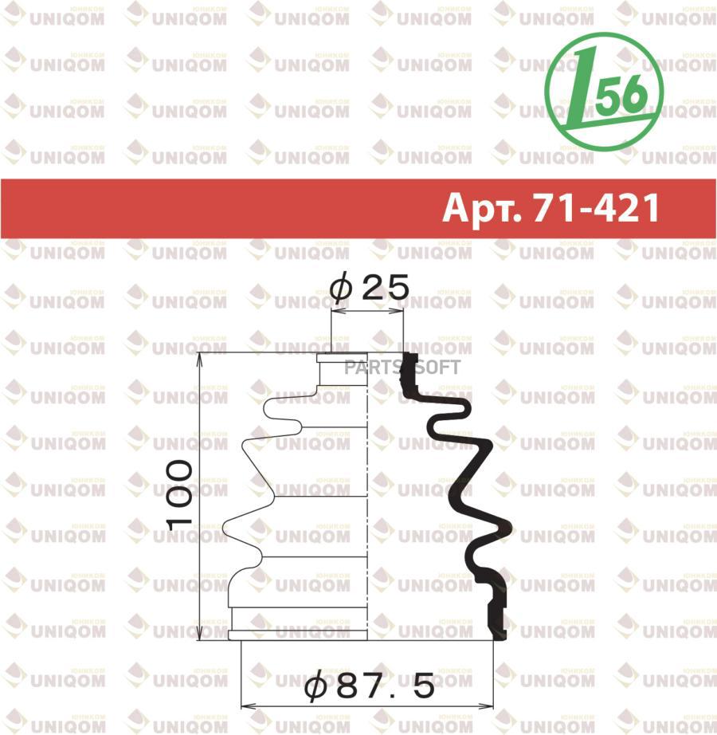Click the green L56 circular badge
pyautogui.click(x=604, y=92)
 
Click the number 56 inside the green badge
pyautogui.click(x=623, y=95)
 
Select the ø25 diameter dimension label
pyautogui.click(x=369, y=287)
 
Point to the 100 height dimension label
pyautogui.click(x=179, y=495)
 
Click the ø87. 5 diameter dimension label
pyautogui.click(x=369, y=686)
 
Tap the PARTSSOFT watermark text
pyautogui.click(x=402, y=367)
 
